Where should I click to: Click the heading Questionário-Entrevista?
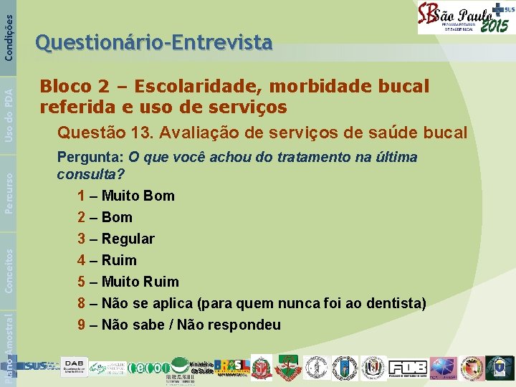[153, 44]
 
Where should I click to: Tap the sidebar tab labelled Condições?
[8, 30]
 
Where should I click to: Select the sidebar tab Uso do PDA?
[8, 108]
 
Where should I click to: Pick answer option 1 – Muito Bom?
[126, 196]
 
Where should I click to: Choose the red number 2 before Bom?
[82, 217]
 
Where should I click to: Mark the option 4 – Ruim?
[107, 260]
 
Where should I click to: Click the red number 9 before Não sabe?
[82, 325]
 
